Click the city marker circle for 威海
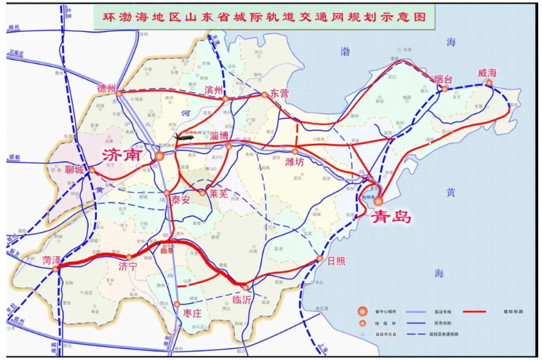tap(489, 83)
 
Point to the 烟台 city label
tap(444, 79)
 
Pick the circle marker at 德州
tap(119, 94)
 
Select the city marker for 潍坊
tap(295, 151)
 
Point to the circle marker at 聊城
tap(92, 170)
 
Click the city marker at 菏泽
tap(55, 269)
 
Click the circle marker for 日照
tap(319, 258)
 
